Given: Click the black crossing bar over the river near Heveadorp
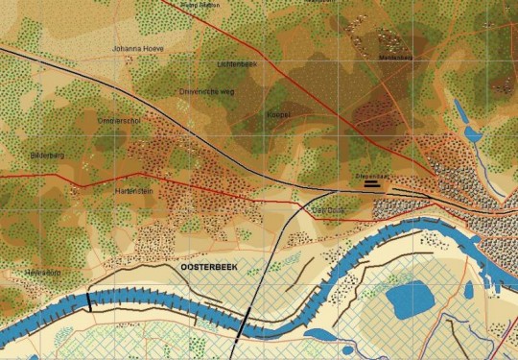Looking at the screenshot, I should coord(88,300).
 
